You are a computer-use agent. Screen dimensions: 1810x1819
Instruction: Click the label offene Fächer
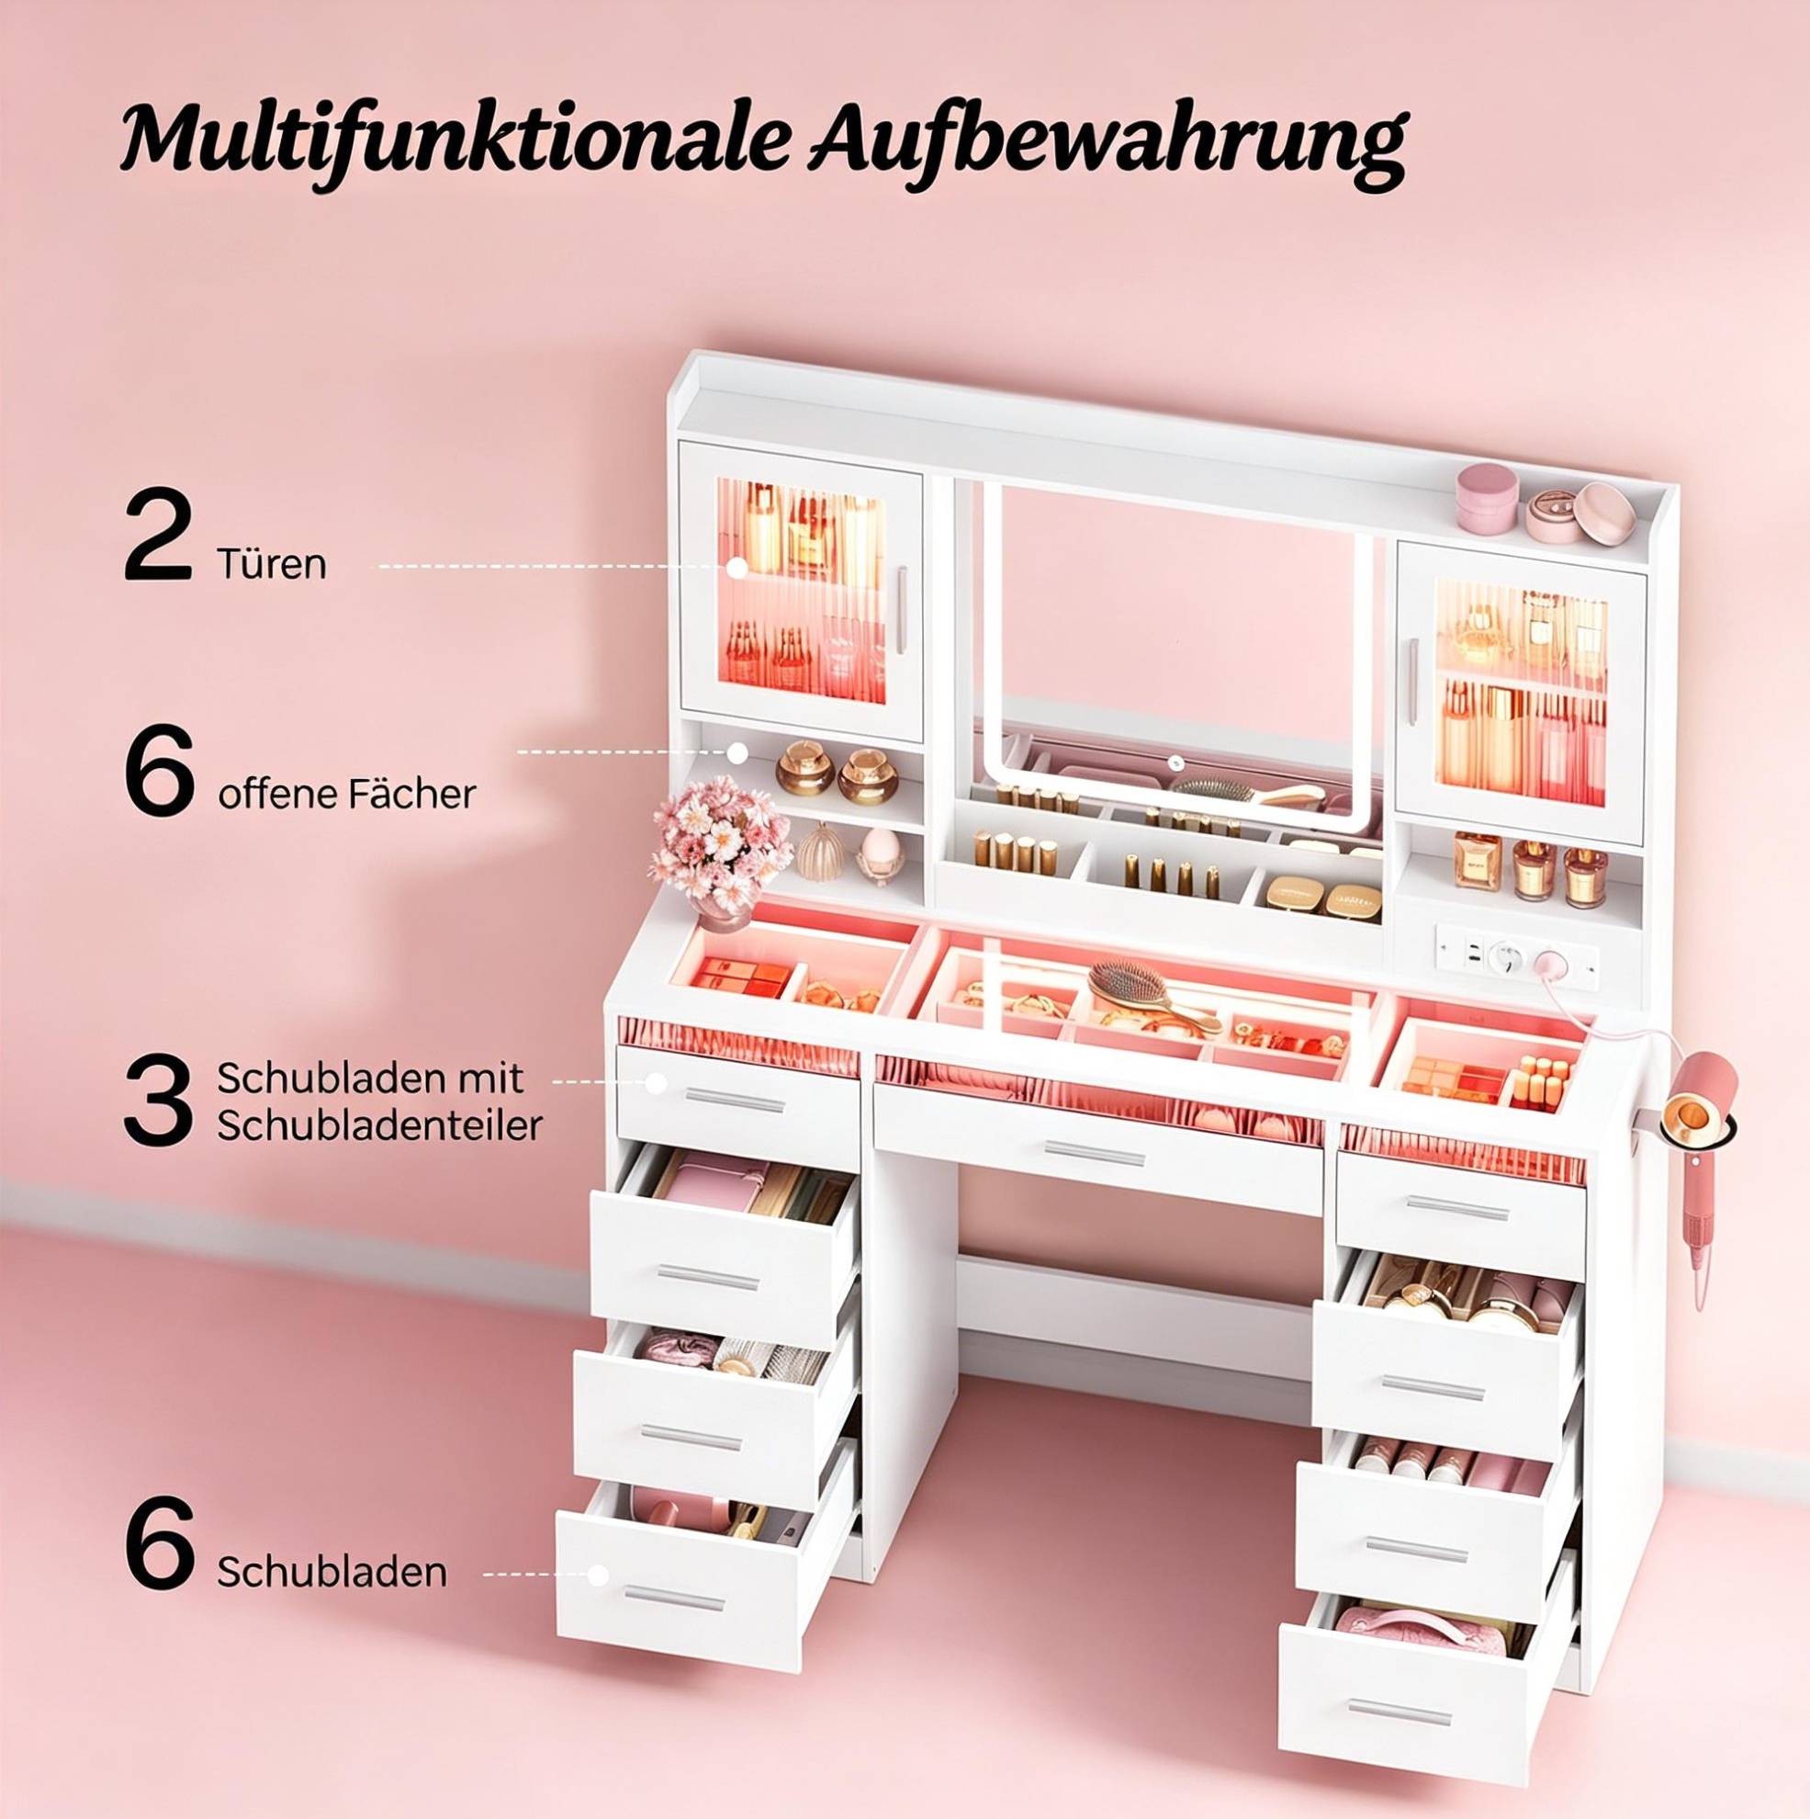pos(346,795)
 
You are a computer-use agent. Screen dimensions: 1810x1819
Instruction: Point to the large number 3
pos(157,1101)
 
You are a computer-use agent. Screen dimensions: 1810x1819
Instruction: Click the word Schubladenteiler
pos(379,1125)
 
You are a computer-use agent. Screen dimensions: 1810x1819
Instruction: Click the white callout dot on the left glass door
pos(737,567)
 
